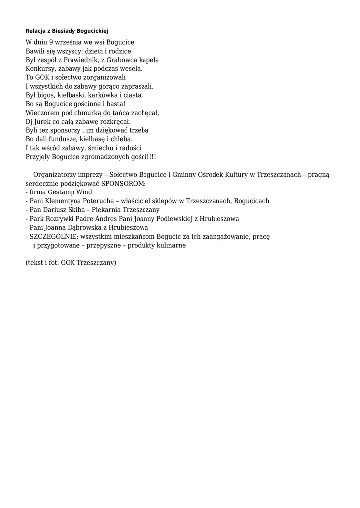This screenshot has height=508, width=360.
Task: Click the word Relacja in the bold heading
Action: point(36,31)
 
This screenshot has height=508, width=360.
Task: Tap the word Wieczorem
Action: point(41,113)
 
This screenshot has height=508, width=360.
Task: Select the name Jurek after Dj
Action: point(44,122)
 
